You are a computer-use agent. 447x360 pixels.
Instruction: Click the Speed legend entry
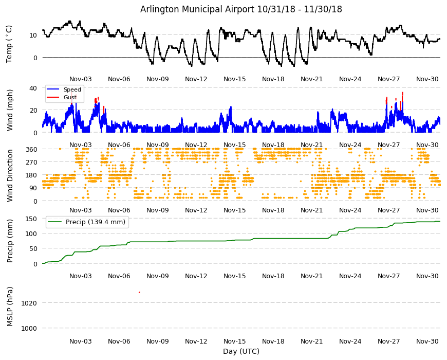(x=64, y=89)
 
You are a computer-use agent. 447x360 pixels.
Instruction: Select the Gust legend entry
(x=62, y=97)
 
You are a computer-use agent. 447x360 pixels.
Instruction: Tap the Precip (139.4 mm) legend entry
(x=87, y=222)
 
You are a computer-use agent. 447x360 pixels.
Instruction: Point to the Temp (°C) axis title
(x=9, y=44)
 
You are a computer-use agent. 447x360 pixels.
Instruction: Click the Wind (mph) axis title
(x=10, y=110)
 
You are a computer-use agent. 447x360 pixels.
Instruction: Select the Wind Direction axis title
(x=10, y=175)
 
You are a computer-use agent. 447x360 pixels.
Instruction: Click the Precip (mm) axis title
(x=10, y=241)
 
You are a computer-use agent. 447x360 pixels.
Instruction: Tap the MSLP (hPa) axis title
(x=10, y=306)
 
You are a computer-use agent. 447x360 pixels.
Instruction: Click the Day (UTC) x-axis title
(x=241, y=351)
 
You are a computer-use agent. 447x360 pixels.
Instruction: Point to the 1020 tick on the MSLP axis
(x=29, y=303)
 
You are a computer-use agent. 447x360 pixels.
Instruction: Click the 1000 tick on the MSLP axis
(x=29, y=328)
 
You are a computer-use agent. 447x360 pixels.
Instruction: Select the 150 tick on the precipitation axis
(x=31, y=219)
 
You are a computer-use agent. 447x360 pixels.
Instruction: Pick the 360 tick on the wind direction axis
(x=31, y=149)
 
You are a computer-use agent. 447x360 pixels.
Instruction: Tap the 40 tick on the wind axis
(x=33, y=88)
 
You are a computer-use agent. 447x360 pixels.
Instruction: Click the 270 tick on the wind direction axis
(x=31, y=162)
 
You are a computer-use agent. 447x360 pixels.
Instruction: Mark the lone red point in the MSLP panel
(x=139, y=292)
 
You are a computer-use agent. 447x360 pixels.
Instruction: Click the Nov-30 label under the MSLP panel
(x=427, y=341)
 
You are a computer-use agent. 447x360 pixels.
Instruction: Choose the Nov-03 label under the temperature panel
(x=81, y=79)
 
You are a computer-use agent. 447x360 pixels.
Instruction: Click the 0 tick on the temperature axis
(x=35, y=58)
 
